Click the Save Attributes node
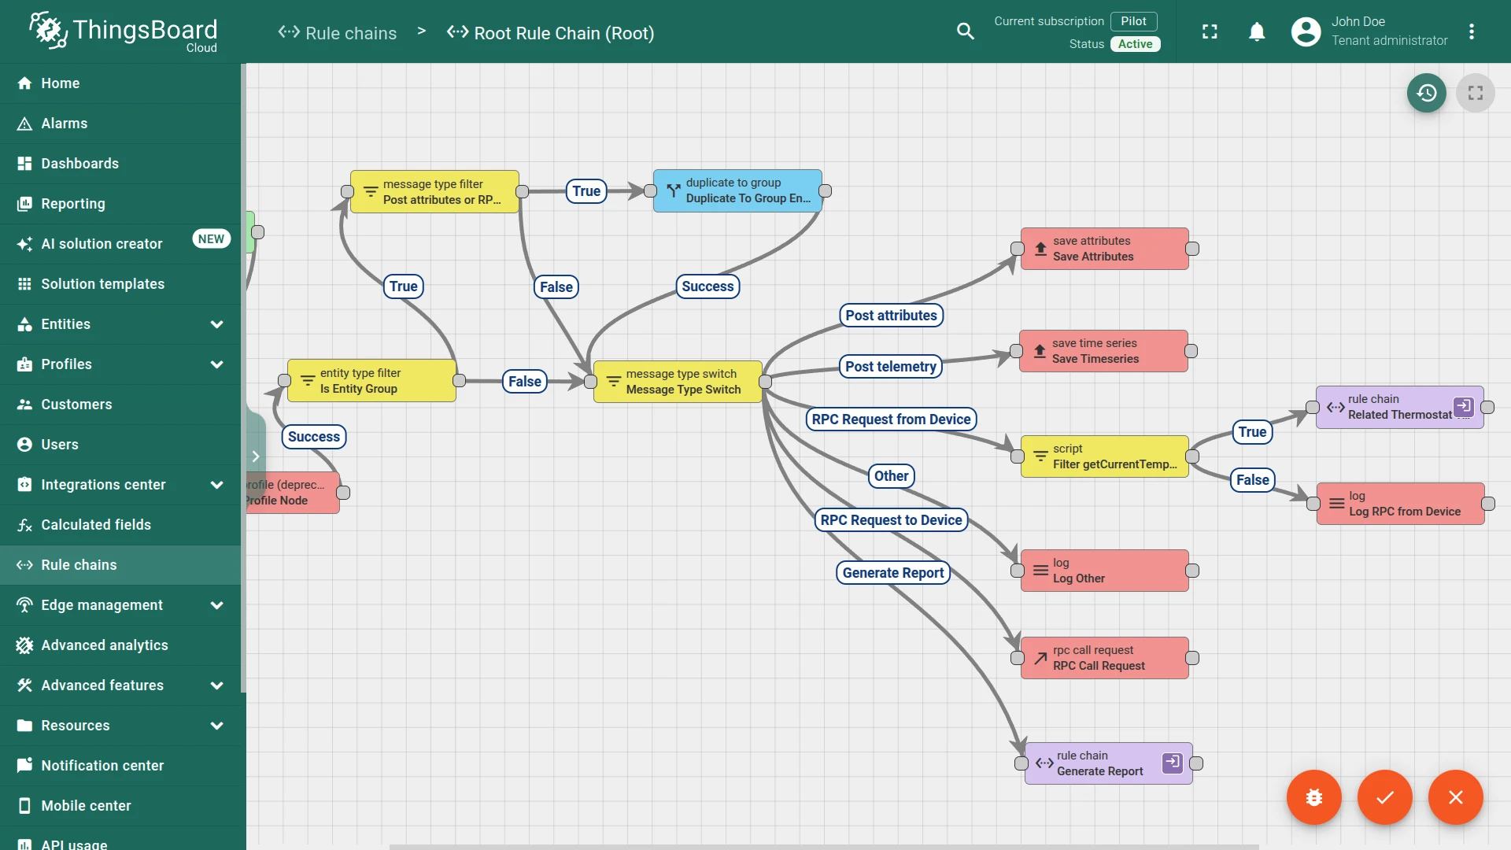point(1104,249)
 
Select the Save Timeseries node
point(1103,351)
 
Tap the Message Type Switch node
point(678,382)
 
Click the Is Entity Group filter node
point(371,381)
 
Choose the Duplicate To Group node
point(737,190)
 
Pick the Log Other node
point(1104,571)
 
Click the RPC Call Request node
point(1104,658)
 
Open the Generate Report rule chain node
point(1108,763)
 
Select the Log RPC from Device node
point(1400,504)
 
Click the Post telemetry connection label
point(891,367)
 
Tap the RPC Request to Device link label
point(891,520)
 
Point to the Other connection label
point(892,476)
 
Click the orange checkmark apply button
point(1385,797)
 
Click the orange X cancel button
point(1456,797)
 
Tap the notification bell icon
point(1257,31)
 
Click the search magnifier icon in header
point(966,31)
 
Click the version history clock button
point(1427,93)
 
